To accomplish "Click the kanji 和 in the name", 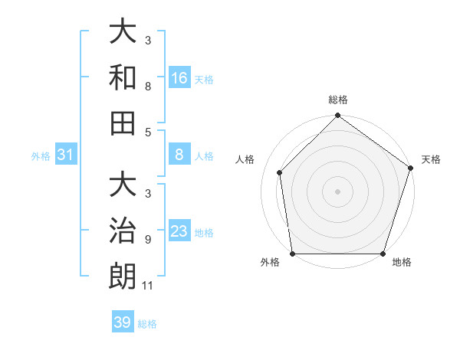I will pyautogui.click(x=123, y=77).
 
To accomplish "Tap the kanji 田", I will pyautogui.click(x=123, y=123).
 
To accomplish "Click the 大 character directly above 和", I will pyautogui.click(x=123, y=32).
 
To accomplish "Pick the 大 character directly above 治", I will pyautogui.click(x=123, y=186).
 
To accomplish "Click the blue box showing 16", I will pyautogui.click(x=179, y=78).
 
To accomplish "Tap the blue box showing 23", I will pyautogui.click(x=179, y=231).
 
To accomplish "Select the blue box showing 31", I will pyautogui.click(x=66, y=155).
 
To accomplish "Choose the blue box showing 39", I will pyautogui.click(x=123, y=322).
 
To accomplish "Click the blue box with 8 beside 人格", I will pyautogui.click(x=179, y=155).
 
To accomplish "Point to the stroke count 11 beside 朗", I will pyautogui.click(x=148, y=286).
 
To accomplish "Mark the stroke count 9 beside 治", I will pyautogui.click(x=148, y=240).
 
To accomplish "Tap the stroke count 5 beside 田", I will pyautogui.click(x=148, y=132).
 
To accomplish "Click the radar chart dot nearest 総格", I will pyautogui.click(x=337, y=117).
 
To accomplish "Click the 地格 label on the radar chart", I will pyautogui.click(x=402, y=262).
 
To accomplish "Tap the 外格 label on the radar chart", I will pyautogui.click(x=270, y=262).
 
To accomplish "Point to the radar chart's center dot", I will pyautogui.click(x=337, y=191).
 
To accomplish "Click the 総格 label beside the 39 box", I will pyautogui.click(x=147, y=323).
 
